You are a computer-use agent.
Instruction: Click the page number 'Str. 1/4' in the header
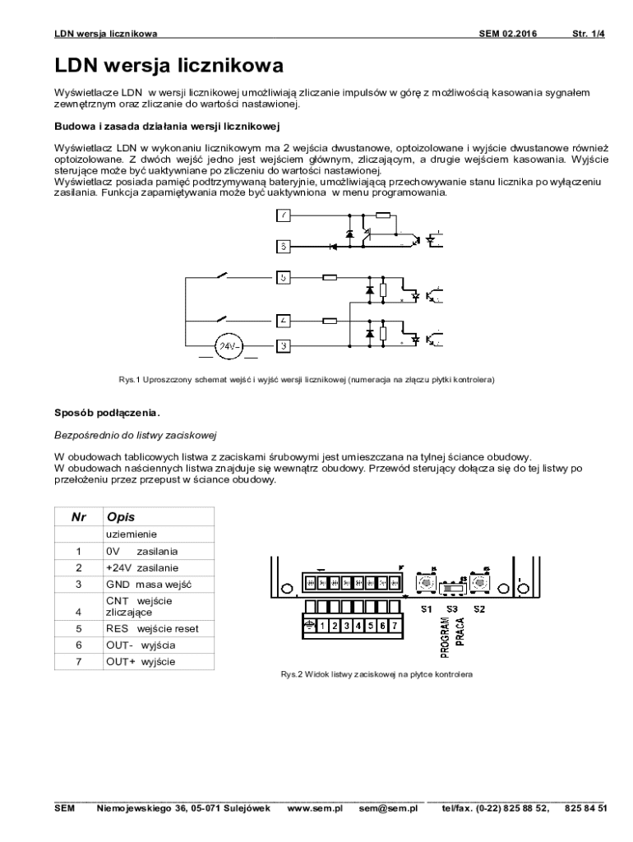(x=588, y=34)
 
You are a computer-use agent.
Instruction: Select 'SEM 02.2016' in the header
(x=507, y=34)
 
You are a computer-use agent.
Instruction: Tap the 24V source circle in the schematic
(x=228, y=347)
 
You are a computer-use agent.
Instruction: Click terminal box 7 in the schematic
(x=284, y=216)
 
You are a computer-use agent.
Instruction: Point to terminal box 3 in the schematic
(x=284, y=346)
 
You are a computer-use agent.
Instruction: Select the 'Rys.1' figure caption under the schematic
(x=306, y=381)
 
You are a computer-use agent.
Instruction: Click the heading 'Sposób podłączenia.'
(x=107, y=411)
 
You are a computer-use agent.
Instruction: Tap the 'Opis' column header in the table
(x=121, y=517)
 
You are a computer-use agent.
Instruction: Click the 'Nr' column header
(x=79, y=517)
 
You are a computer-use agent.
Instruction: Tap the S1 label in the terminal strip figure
(x=426, y=609)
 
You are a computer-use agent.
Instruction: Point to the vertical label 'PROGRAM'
(x=445, y=639)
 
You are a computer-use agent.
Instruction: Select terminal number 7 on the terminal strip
(x=395, y=625)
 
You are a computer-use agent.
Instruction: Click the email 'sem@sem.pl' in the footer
(x=388, y=808)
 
